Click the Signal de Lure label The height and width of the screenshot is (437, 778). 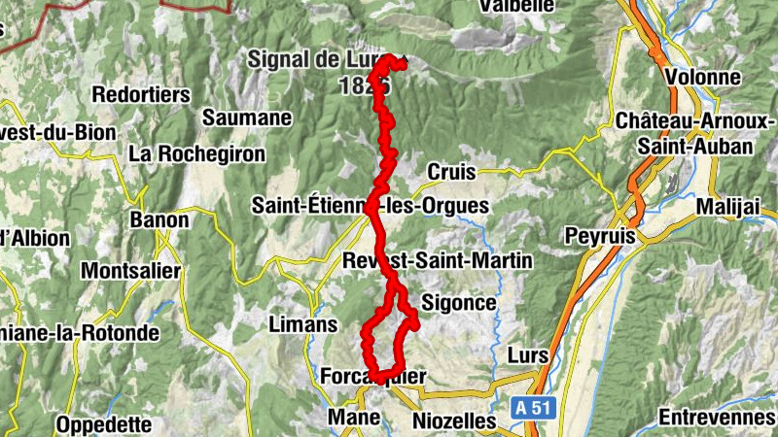click(x=316, y=58)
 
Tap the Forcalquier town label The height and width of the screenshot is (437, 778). click(x=372, y=376)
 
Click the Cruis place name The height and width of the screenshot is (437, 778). click(x=451, y=172)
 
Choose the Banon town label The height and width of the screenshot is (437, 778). click(x=159, y=220)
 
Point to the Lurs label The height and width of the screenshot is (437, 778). click(x=528, y=356)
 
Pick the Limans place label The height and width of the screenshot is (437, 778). click(x=301, y=324)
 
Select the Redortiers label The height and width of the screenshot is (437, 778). click(x=140, y=95)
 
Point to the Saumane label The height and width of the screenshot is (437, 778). click(x=247, y=118)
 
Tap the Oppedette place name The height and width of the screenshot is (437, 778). click(x=103, y=424)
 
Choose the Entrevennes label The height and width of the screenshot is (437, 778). click(x=718, y=418)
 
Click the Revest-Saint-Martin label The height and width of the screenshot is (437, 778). click(x=439, y=260)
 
